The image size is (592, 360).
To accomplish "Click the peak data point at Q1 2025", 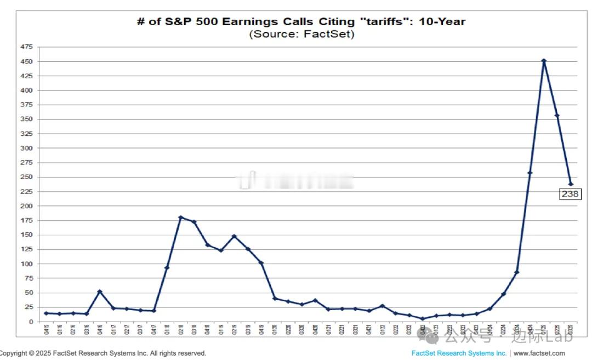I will click(x=544, y=61).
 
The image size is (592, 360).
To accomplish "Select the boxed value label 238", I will click(x=570, y=194).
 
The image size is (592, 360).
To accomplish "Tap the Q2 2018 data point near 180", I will click(x=180, y=218).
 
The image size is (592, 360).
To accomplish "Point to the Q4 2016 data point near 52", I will click(x=100, y=292).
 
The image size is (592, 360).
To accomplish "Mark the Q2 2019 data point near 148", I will click(x=234, y=236).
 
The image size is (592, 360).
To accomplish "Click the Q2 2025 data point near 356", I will click(x=557, y=116).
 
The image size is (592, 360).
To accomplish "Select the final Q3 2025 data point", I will click(x=571, y=184).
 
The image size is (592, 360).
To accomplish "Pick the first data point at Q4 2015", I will click(x=46, y=313).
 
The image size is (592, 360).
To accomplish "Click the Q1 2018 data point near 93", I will click(x=167, y=267).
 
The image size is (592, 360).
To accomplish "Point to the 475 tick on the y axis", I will click(x=26, y=47).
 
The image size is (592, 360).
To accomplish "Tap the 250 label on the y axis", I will click(x=26, y=177).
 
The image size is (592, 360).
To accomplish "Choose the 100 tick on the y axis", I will click(x=26, y=264).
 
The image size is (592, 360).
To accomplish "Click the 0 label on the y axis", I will click(x=30, y=322).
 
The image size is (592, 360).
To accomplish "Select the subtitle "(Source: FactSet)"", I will click(x=302, y=35).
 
